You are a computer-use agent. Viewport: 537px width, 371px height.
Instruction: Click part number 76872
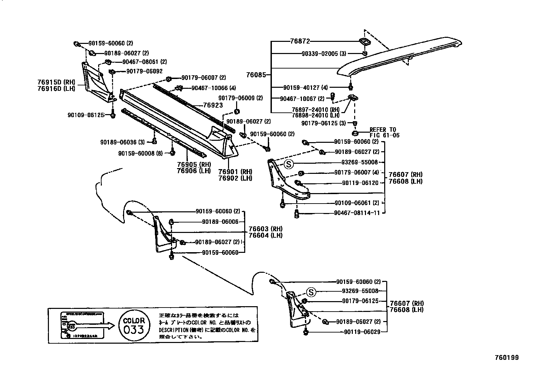click(300, 41)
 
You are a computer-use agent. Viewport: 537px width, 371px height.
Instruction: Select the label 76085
click(256, 75)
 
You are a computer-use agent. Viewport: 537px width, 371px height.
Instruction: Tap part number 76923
click(213, 105)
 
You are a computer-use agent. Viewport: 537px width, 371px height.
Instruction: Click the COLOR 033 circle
click(134, 325)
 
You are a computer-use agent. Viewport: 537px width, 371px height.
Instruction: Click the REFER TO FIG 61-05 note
click(385, 132)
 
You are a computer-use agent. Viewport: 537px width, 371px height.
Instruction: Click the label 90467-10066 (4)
click(214, 88)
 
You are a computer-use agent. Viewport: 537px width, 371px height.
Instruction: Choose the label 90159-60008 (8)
click(140, 153)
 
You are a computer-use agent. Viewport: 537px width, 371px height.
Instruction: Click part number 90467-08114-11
click(357, 213)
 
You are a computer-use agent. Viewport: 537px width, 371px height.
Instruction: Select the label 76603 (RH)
click(265, 229)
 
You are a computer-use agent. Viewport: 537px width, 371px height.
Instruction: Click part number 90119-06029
click(362, 332)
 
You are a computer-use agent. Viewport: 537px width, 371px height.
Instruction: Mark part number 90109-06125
click(86, 115)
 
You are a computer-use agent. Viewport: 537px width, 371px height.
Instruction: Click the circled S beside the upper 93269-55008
click(289, 164)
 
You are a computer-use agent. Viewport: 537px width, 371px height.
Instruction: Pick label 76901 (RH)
click(235, 172)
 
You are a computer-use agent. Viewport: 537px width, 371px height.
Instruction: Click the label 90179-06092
click(144, 71)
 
